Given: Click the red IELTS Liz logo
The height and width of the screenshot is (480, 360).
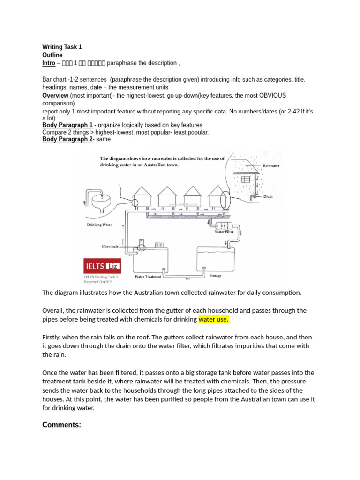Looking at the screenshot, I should pos(102,266).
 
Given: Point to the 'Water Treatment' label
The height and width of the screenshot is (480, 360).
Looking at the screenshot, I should pos(148,277).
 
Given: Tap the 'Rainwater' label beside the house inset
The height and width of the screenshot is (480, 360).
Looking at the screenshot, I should pos(271,166).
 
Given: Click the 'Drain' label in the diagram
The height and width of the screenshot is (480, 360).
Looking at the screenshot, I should pos(268,197).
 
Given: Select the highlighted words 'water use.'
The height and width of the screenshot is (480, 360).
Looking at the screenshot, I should pos(213,320).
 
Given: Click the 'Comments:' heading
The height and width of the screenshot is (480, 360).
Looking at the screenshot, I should pos(61,425).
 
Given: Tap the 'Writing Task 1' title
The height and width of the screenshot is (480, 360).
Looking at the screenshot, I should pos(62,47).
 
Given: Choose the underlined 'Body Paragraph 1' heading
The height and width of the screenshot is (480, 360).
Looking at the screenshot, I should pos(67,125).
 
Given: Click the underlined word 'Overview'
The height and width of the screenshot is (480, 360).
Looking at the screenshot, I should pos(56,95).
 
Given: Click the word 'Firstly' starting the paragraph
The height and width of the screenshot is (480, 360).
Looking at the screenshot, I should pos(53,337).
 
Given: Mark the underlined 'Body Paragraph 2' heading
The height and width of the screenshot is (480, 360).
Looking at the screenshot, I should pos(67,139).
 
